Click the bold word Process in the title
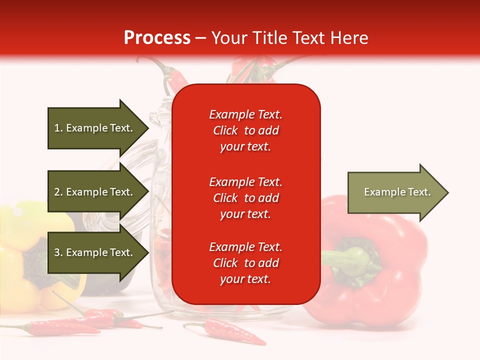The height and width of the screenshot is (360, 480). point(157,38)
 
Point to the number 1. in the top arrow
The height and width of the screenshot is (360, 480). point(58,128)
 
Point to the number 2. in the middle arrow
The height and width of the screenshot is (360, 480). point(58,192)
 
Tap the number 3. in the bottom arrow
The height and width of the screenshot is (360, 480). point(58,252)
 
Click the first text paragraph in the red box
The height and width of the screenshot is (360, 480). point(245,130)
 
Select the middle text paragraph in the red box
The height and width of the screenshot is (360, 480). point(245,198)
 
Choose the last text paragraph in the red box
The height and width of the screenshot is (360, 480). point(245,263)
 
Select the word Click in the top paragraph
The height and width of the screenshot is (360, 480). point(225,130)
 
